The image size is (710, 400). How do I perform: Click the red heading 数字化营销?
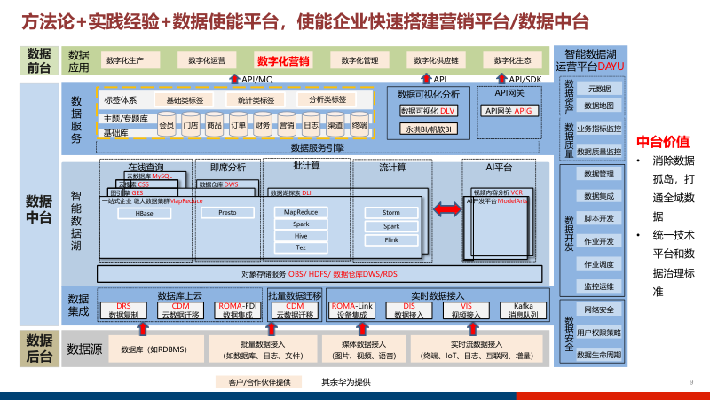(x=283, y=61)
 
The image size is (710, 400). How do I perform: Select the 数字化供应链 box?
(x=437, y=60)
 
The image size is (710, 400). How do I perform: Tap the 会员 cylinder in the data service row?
(x=166, y=125)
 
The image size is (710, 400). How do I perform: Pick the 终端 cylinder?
(x=359, y=125)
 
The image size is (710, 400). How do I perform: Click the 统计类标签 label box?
(x=256, y=100)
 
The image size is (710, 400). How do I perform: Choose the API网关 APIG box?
(x=509, y=111)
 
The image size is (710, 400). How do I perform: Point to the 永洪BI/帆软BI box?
(x=428, y=129)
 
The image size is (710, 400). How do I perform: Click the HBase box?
(x=145, y=214)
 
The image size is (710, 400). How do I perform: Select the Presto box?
(x=226, y=214)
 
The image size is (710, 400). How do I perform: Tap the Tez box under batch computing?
(x=301, y=248)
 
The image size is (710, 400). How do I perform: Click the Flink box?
(x=391, y=240)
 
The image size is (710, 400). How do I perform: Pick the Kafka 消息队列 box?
(x=517, y=310)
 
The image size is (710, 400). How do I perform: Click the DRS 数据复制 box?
(x=125, y=310)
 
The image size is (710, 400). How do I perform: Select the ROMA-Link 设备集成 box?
(x=352, y=310)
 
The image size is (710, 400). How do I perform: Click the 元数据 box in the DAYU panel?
(x=599, y=89)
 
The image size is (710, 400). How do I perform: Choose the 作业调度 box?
(x=599, y=264)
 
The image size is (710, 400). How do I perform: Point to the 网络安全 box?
(x=599, y=310)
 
